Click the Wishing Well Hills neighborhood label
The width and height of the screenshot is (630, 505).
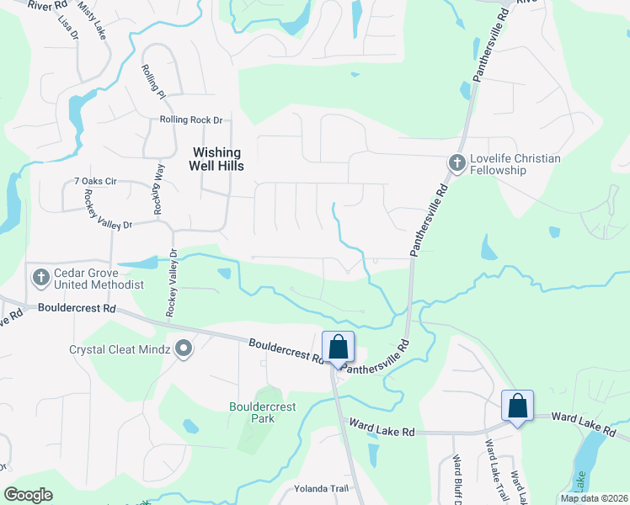pos(217,159)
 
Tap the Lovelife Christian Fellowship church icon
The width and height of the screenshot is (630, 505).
pos(456,162)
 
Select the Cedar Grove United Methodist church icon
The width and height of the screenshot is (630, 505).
pos(40,277)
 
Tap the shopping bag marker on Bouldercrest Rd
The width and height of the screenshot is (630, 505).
pos(339,348)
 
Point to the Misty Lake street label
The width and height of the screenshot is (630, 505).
pos(93,19)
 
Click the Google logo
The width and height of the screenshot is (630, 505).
pos(28,495)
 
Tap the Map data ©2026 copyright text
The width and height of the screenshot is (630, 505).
pos(594,498)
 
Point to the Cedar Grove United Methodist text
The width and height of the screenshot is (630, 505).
pos(99,279)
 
